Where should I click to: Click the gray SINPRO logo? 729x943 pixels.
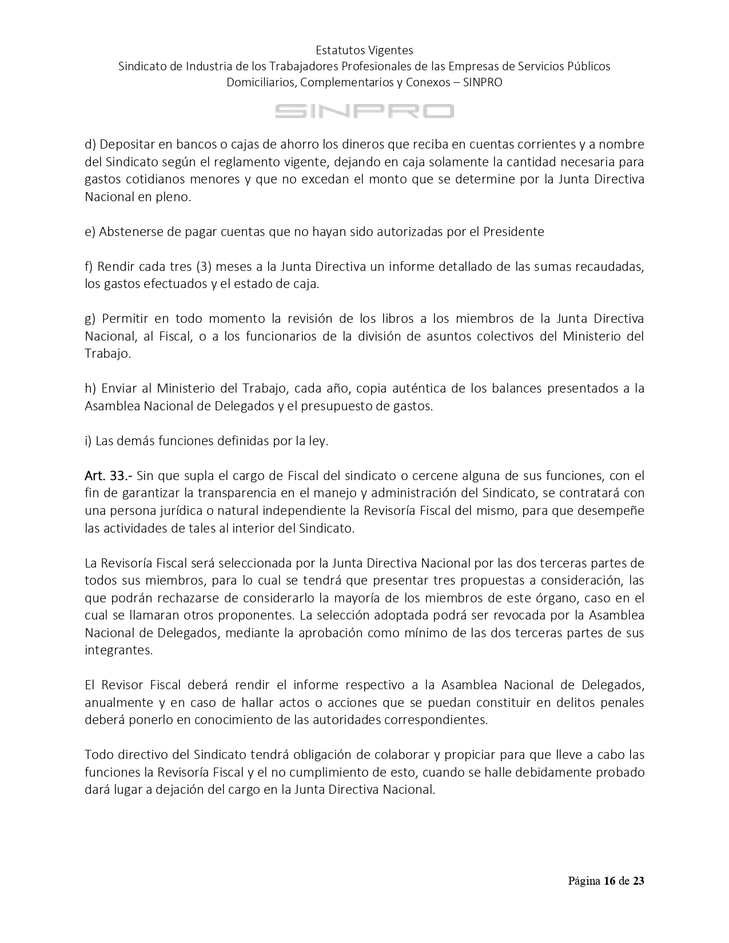pyautogui.click(x=364, y=111)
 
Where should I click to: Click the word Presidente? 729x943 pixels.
pyautogui.click(x=513, y=231)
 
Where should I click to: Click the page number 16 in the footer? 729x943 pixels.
pyautogui.click(x=610, y=881)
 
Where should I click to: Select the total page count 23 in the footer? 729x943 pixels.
pyautogui.click(x=638, y=881)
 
